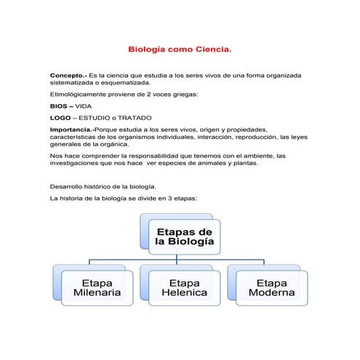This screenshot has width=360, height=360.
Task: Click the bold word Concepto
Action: pyautogui.click(x=67, y=76)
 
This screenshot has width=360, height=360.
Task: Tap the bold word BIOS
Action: pyautogui.click(x=59, y=105)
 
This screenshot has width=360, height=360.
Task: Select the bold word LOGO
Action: pyautogui.click(x=61, y=116)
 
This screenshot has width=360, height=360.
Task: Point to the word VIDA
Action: pyautogui.click(x=84, y=105)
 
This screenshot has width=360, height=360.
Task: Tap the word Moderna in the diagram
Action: pyautogui.click(x=271, y=293)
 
